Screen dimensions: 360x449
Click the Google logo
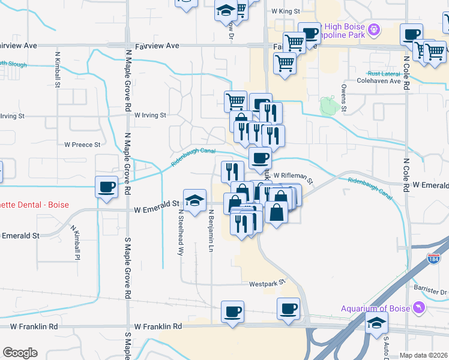click(x=20, y=353)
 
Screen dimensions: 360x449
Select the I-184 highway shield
click(x=434, y=259)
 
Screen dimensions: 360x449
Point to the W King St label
click(x=285, y=11)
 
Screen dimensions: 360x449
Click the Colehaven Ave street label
click(x=378, y=81)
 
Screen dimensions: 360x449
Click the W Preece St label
click(x=82, y=145)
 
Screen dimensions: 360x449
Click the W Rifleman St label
click(x=294, y=175)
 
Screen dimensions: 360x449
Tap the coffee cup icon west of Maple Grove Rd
click(x=107, y=187)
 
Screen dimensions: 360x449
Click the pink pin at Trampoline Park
click(x=374, y=28)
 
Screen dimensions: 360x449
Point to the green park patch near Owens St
click(x=328, y=106)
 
